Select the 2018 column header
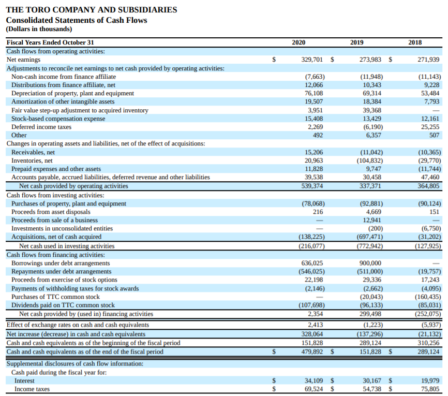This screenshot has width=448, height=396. pyautogui.click(x=415, y=42)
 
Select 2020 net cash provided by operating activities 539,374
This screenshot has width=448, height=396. pyautogui.click(x=312, y=186)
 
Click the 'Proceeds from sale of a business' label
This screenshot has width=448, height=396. pyautogui.click(x=54, y=220)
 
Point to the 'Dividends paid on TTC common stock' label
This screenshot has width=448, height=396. pyautogui.click(x=63, y=305)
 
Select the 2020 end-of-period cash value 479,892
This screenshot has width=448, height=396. pyautogui.click(x=312, y=352)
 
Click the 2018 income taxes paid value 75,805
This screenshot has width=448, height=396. pyautogui.click(x=430, y=389)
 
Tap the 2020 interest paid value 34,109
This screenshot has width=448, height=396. pyautogui.click(x=313, y=380)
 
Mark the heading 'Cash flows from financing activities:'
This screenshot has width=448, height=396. pyautogui.click(x=55, y=255)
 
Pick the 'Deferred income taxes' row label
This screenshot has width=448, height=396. pyautogui.click(x=41, y=127)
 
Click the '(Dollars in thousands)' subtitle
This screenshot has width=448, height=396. pyautogui.click(x=39, y=29)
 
